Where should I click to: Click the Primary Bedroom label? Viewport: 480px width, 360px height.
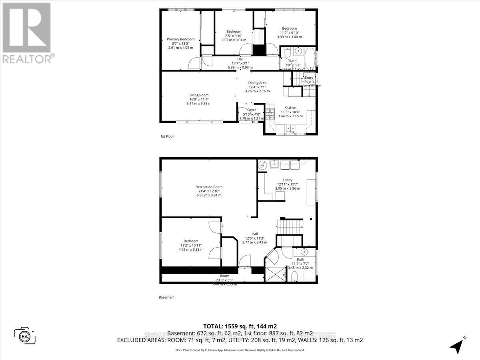(x=180, y=39)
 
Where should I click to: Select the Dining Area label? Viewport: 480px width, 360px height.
(x=257, y=83)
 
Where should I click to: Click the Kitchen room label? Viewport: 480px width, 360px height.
(x=290, y=108)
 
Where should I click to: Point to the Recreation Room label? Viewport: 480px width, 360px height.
(x=209, y=187)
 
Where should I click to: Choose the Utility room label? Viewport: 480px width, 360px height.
(x=287, y=180)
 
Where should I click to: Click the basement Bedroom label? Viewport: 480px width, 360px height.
(x=191, y=241)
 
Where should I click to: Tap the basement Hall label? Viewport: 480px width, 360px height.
(x=255, y=234)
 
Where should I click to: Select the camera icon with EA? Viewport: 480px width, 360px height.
(x=24, y=336)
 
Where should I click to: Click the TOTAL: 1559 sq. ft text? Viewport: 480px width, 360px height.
(x=240, y=326)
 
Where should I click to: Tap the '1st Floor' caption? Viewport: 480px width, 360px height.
(x=167, y=136)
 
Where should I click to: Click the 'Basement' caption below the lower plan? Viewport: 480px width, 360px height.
(x=167, y=297)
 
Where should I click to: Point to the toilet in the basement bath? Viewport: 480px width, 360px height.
(x=295, y=276)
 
